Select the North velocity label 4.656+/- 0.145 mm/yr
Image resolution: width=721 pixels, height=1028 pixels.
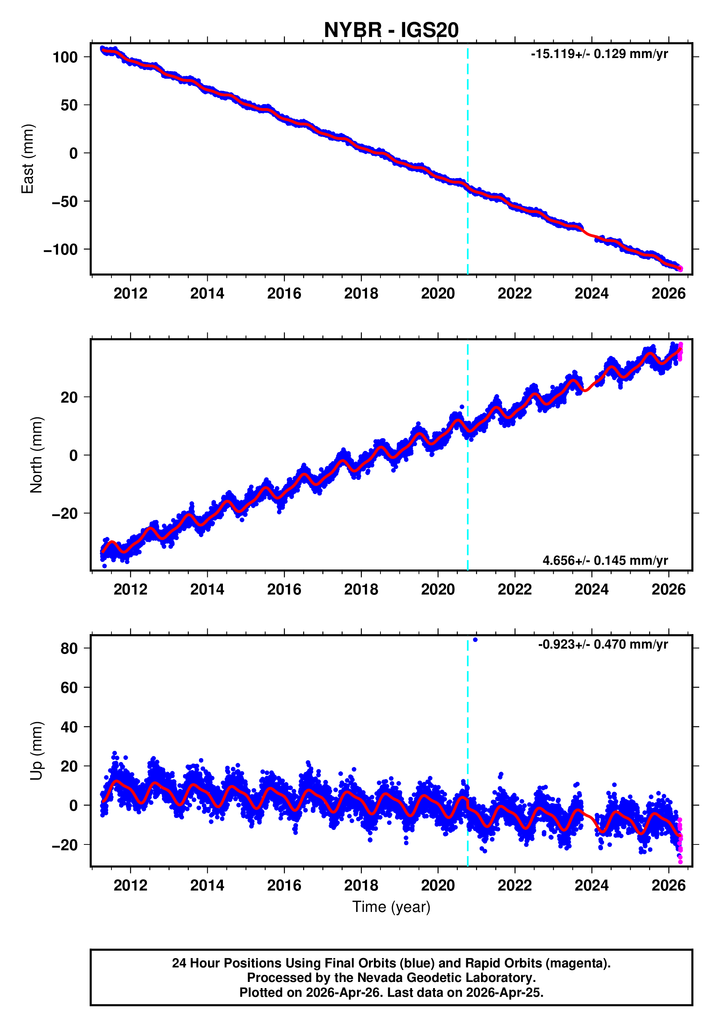coord(605,560)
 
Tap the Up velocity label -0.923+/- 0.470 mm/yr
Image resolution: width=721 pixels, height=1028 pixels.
coord(603,644)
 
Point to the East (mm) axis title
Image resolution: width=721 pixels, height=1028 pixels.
coord(28,159)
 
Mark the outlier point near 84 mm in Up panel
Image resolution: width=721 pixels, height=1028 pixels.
coord(475,640)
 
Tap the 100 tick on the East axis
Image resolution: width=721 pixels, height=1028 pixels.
coord(65,57)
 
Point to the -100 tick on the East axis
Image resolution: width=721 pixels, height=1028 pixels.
coord(61,250)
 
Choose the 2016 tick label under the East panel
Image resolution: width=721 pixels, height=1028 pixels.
coord(284,294)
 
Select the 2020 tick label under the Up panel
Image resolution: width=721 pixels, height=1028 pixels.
coord(438,885)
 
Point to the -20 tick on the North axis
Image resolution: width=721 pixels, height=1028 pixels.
coord(65,514)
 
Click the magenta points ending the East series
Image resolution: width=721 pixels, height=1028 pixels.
coord(680,269)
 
